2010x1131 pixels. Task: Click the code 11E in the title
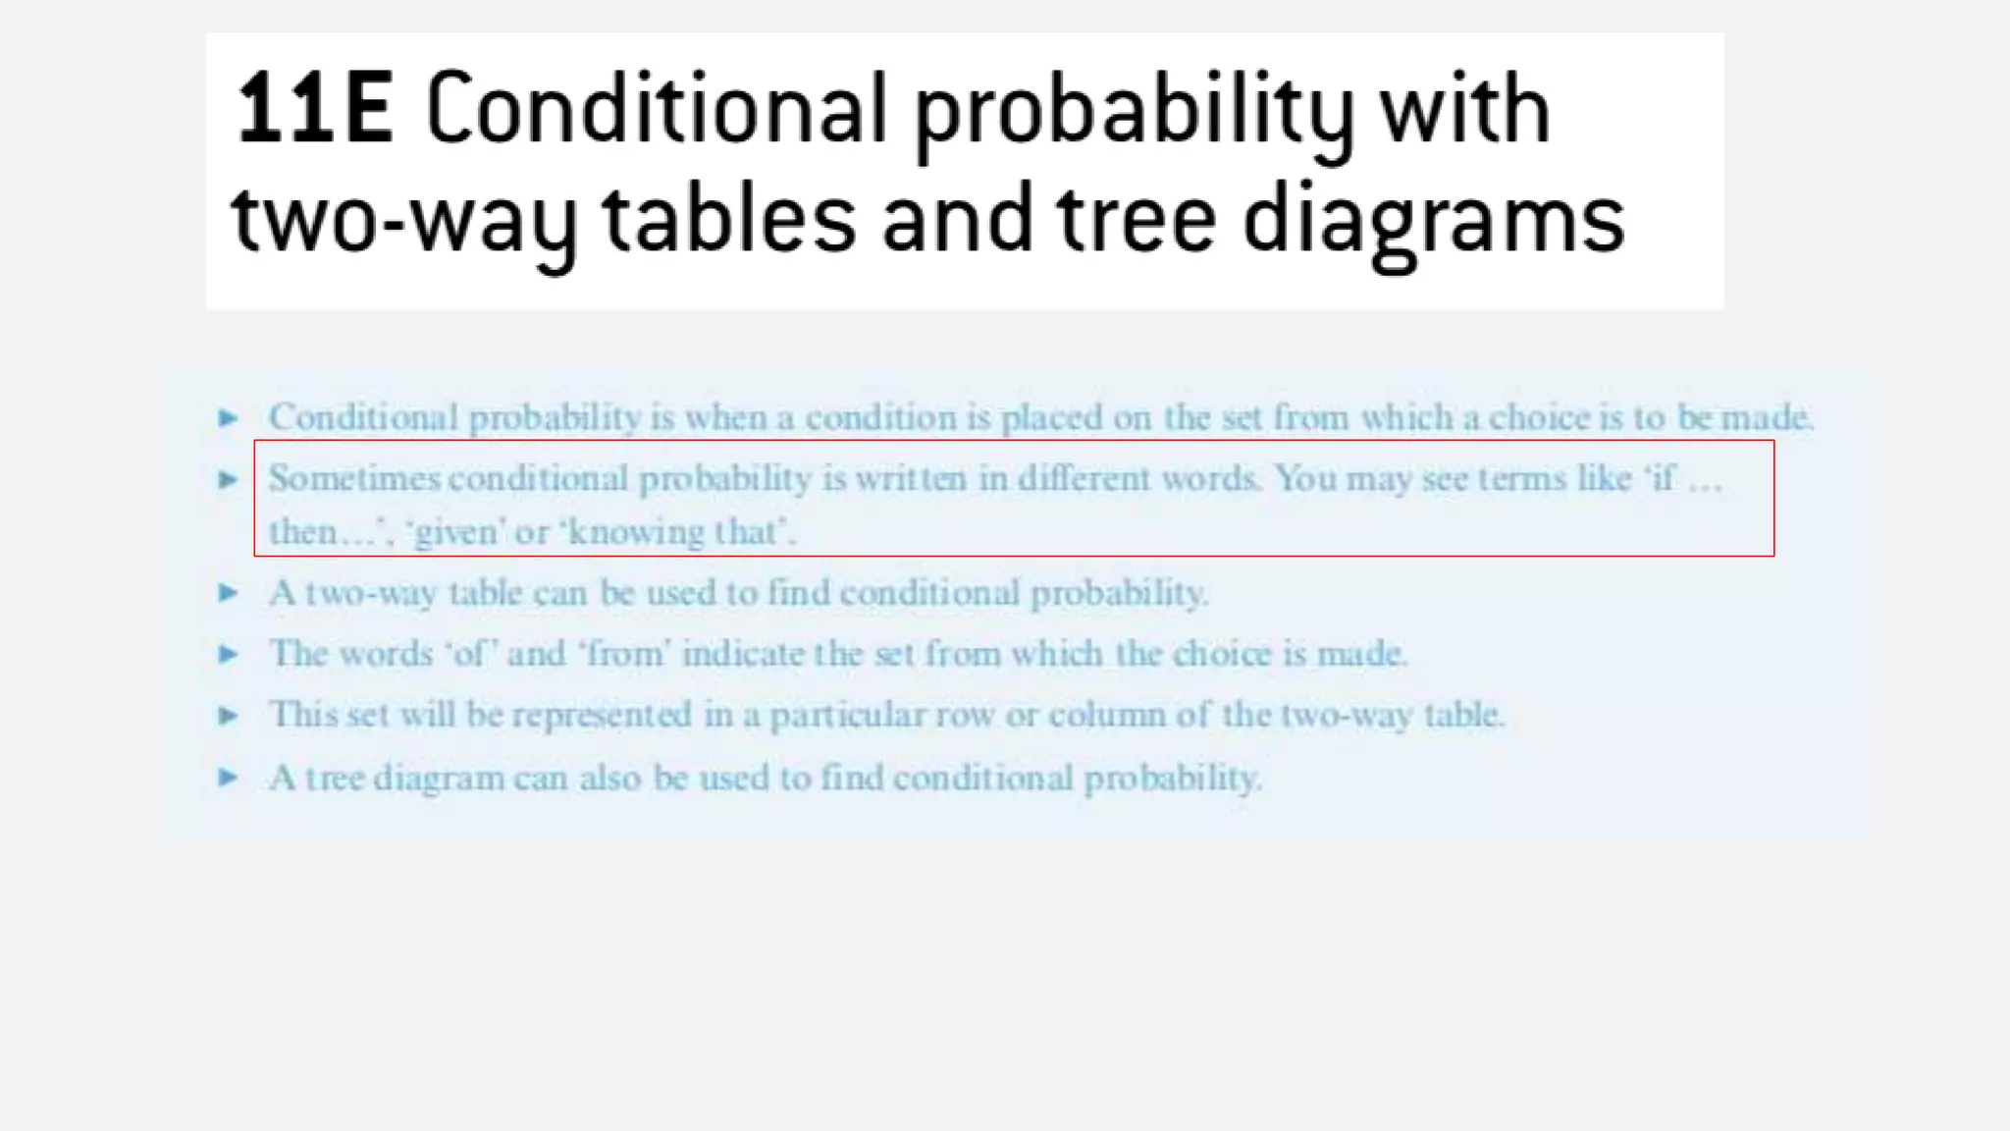pos(315,110)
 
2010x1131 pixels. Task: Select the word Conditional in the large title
pos(657,110)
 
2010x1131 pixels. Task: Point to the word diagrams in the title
pos(1433,222)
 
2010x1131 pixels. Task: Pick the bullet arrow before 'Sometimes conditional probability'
pos(228,479)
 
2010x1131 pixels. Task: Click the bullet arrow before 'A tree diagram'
pos(228,779)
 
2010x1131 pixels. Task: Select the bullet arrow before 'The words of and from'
pos(228,654)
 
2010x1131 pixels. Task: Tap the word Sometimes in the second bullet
pos(354,479)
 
